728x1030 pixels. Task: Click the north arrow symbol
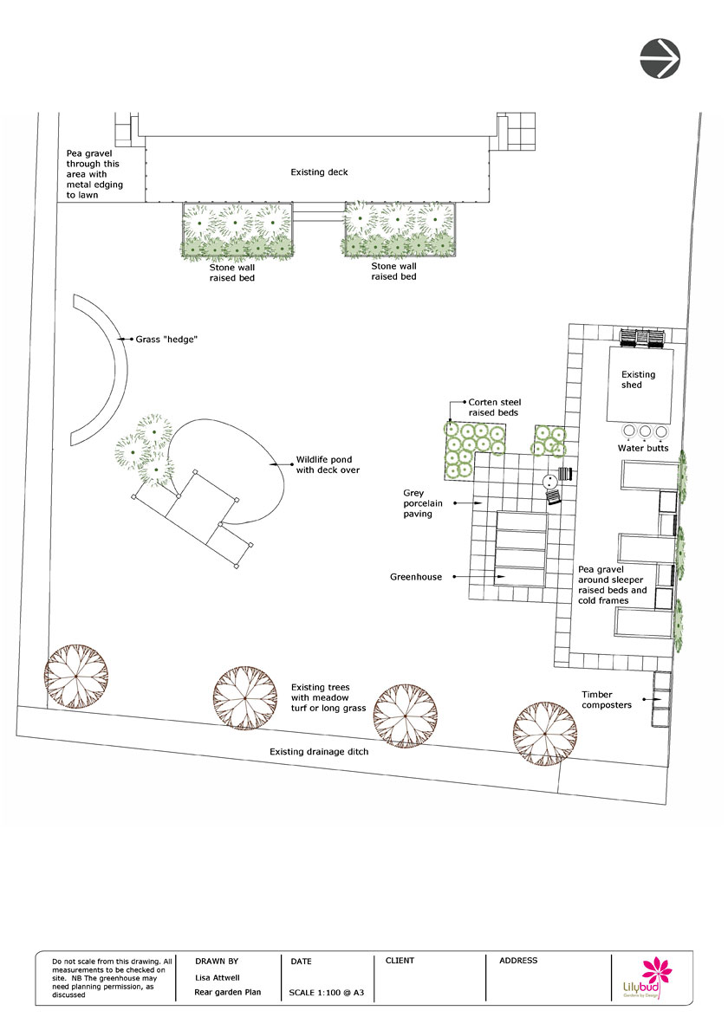pos(660,58)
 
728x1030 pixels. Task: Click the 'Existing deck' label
pos(319,172)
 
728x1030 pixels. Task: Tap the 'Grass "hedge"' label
pos(166,339)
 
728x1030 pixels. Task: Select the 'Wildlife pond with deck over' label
pos(328,464)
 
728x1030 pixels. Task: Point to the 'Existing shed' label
pos(638,379)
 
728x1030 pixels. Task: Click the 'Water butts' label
pos(642,448)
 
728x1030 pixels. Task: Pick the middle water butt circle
pos(645,431)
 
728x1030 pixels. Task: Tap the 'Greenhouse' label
pos(416,577)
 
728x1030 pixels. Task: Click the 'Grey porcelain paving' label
pos(422,503)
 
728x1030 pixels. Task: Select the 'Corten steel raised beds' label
pos(494,407)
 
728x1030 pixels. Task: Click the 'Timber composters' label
pos(606,700)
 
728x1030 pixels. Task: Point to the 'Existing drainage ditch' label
pos(319,751)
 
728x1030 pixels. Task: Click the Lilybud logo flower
pos(656,971)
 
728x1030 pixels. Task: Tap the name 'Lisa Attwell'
pos(218,977)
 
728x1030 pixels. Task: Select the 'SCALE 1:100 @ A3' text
pos(327,992)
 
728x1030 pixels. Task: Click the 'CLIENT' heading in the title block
pos(400,961)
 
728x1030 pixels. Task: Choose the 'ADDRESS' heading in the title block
pos(518,961)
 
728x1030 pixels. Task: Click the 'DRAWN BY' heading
pos(217,961)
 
